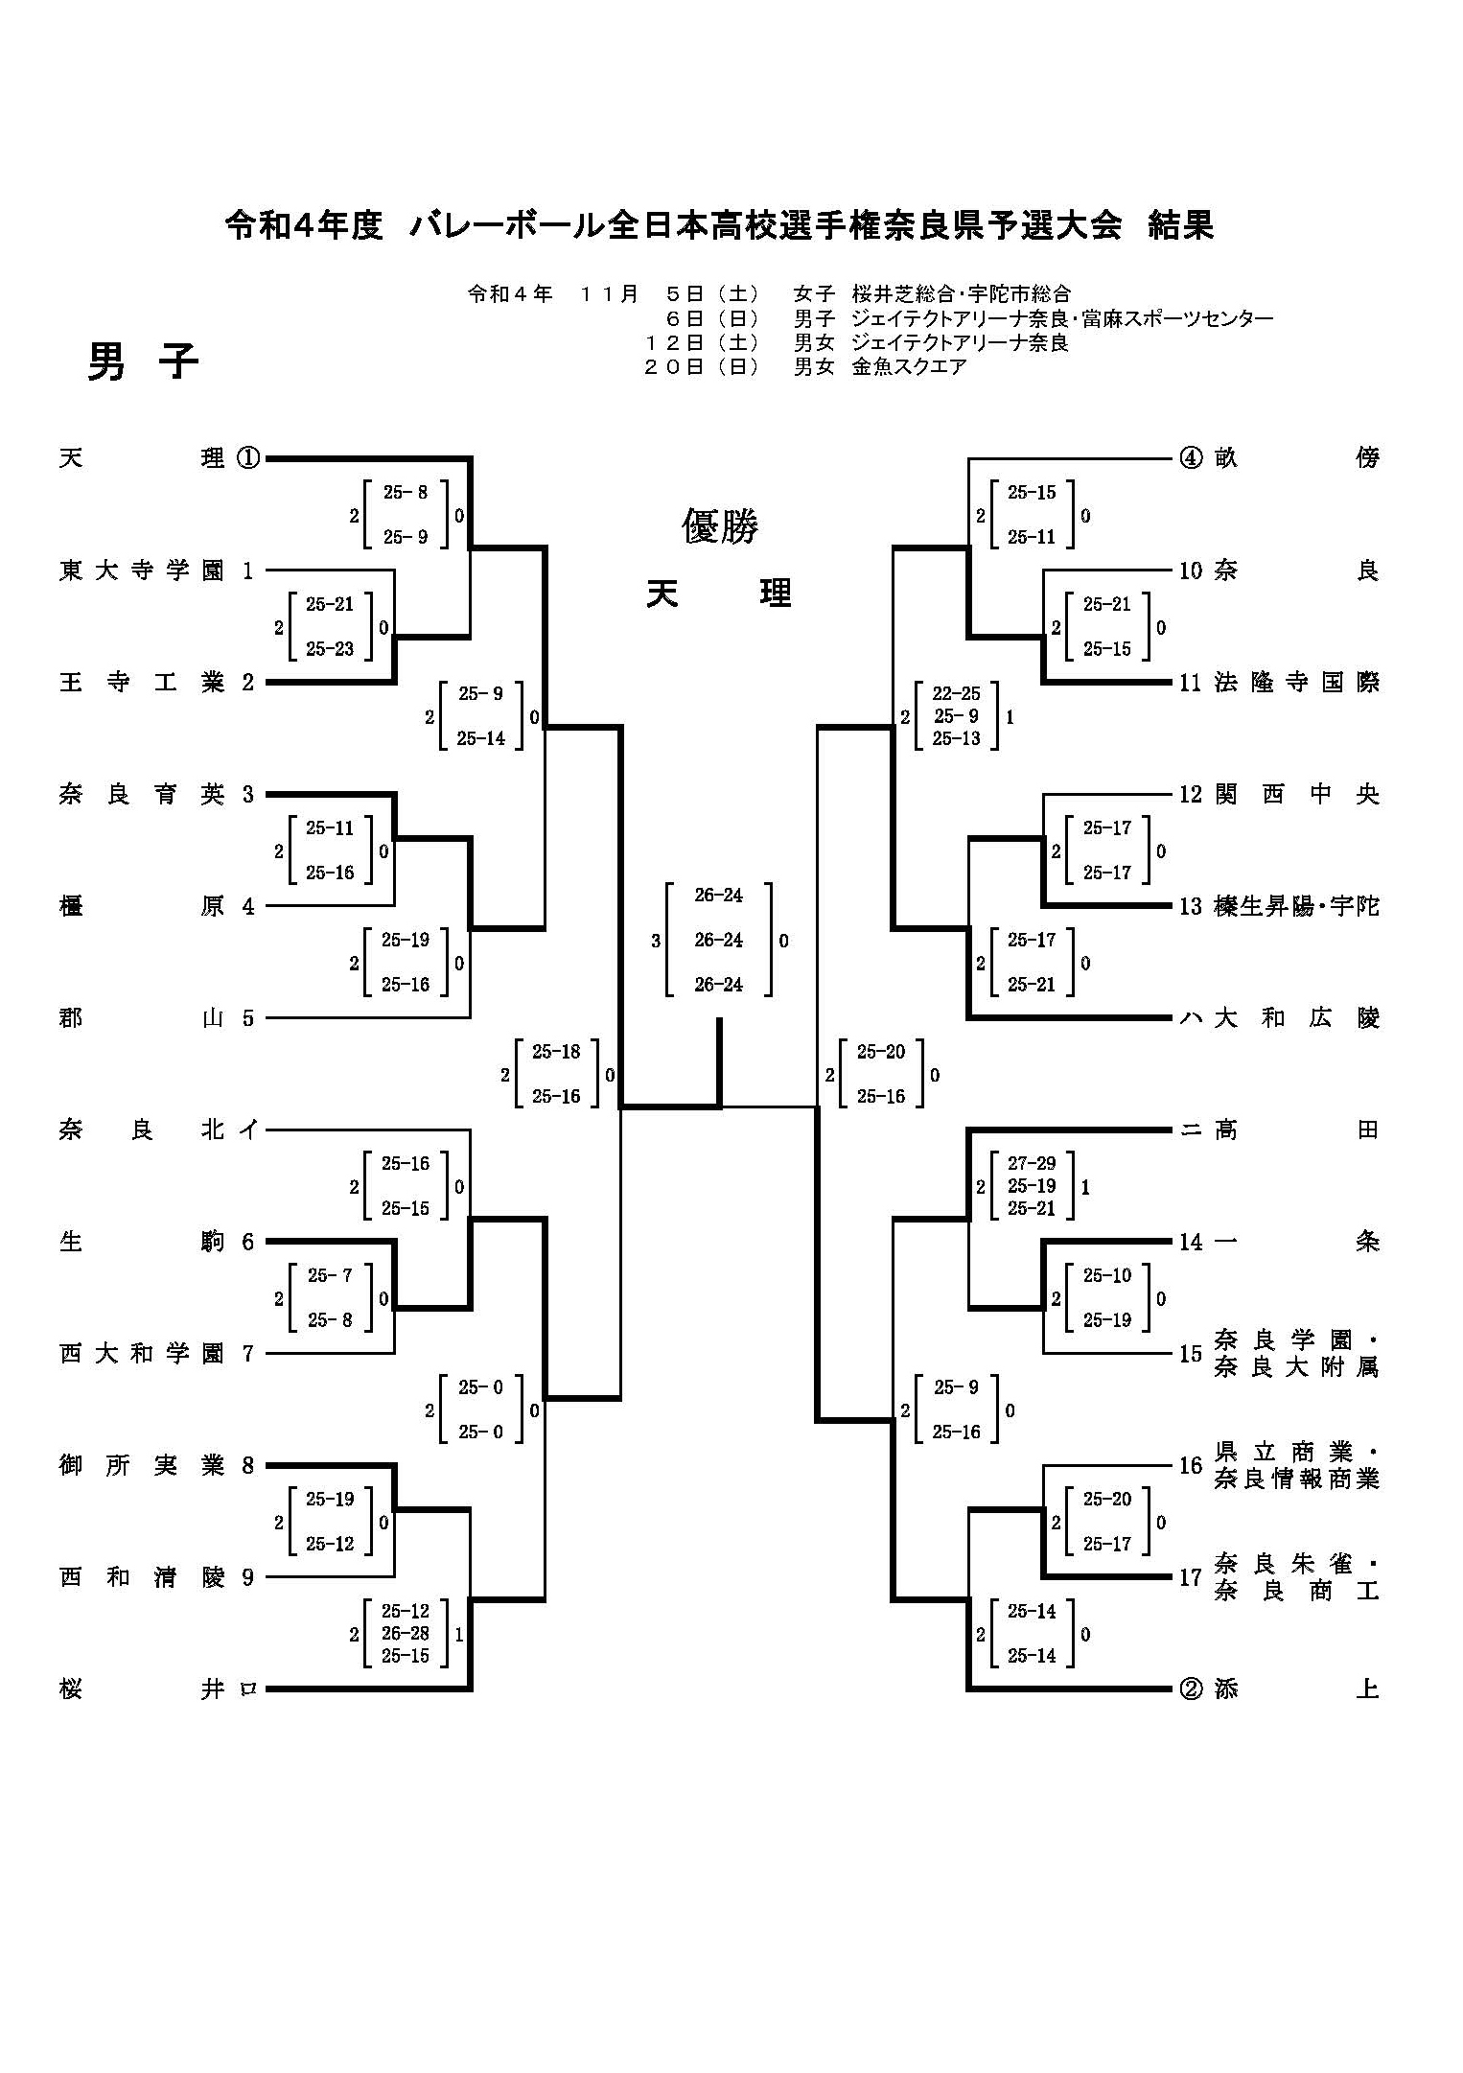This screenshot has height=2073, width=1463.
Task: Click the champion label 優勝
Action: tap(719, 526)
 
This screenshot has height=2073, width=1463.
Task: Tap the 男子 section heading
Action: tap(143, 362)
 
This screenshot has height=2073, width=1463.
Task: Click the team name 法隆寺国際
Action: tap(1296, 683)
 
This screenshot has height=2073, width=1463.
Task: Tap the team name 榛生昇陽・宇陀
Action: tap(1296, 906)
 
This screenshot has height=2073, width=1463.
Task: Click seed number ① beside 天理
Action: tap(247, 458)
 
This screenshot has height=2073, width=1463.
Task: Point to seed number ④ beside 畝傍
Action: tap(1190, 458)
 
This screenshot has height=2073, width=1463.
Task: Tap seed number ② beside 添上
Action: tap(1190, 1689)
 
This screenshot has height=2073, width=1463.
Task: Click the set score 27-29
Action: tap(1032, 1164)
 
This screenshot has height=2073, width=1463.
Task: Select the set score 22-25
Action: tap(956, 694)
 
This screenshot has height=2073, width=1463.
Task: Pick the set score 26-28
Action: tap(406, 1634)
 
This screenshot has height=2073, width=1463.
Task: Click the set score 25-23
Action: tap(330, 649)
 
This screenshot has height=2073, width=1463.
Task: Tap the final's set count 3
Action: tap(656, 942)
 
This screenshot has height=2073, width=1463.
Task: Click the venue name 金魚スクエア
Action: tap(909, 366)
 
